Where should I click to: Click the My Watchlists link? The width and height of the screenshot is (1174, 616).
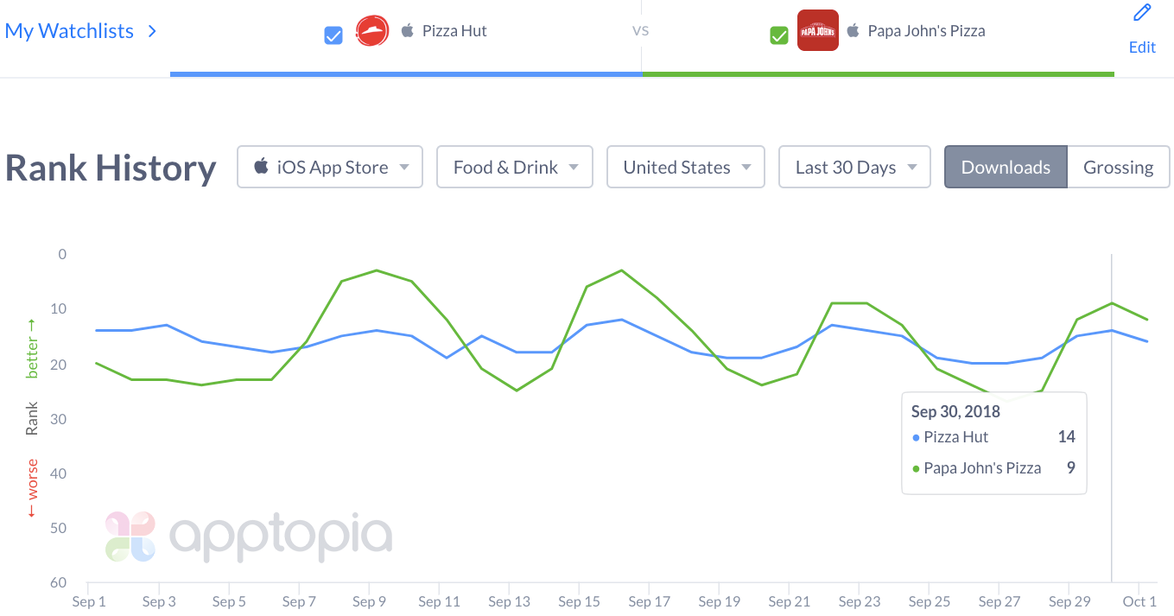pyautogui.click(x=70, y=31)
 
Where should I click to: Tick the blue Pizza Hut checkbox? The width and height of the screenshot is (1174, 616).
pyautogui.click(x=333, y=35)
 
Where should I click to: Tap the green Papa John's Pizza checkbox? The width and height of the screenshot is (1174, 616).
pyautogui.click(x=779, y=35)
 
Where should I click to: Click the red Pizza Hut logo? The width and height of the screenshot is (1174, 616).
pyautogui.click(x=372, y=31)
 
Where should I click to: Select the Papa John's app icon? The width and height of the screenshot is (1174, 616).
pyautogui.click(x=817, y=31)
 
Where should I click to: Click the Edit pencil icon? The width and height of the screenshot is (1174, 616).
pyautogui.click(x=1142, y=13)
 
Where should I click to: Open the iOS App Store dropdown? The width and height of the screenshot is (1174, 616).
pyautogui.click(x=330, y=167)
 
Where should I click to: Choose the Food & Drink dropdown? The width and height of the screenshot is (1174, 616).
pyautogui.click(x=515, y=167)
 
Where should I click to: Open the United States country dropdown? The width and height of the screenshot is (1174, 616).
pyautogui.click(x=686, y=167)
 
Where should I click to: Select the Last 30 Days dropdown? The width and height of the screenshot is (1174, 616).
pyautogui.click(x=854, y=167)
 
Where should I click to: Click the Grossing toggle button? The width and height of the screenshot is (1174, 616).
pyautogui.click(x=1118, y=167)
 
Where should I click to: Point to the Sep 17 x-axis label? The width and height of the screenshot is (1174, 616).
pyautogui.click(x=650, y=601)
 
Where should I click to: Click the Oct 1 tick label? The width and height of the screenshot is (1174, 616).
pyautogui.click(x=1139, y=601)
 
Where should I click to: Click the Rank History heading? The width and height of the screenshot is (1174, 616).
pyautogui.click(x=111, y=168)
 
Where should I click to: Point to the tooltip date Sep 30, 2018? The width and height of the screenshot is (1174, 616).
pyautogui.click(x=955, y=411)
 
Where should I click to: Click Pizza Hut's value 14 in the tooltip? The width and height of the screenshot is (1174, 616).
pyautogui.click(x=1066, y=437)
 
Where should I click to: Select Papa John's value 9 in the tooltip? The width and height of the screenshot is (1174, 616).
pyautogui.click(x=1070, y=468)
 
